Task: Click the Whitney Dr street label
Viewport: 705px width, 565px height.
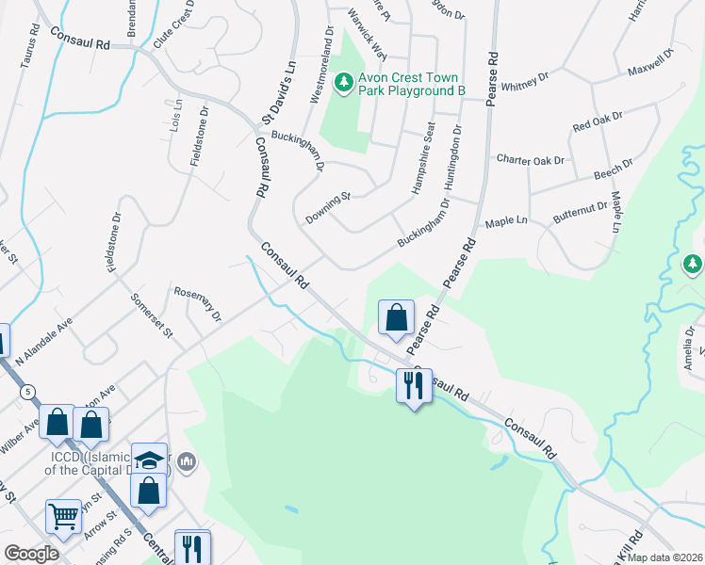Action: [x=525, y=84]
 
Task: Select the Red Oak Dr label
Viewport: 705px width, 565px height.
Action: [x=598, y=121]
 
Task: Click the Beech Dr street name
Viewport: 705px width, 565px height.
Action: [x=614, y=170]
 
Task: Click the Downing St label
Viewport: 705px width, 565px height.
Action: [x=327, y=208]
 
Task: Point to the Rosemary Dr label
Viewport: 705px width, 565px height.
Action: [x=198, y=302]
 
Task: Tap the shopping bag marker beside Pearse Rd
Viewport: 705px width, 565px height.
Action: [x=397, y=317]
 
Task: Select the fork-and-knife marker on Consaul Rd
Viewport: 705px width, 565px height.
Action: [x=414, y=385]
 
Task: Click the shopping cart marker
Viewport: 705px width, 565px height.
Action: [x=63, y=515]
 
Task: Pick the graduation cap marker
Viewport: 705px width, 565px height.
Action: [x=149, y=460]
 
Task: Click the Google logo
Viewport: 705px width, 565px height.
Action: [x=32, y=553]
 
